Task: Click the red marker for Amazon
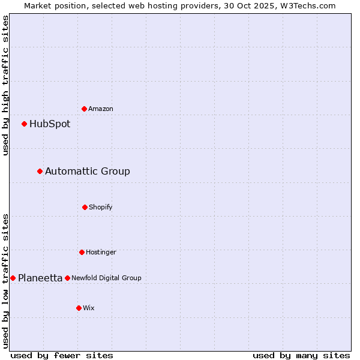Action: pos(84,109)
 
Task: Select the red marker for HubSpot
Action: pos(24,124)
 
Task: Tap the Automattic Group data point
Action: pos(40,171)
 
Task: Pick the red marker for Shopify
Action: pos(85,207)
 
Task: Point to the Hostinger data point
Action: pos(82,252)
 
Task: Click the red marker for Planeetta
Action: pos(13,278)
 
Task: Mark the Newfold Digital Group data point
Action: pos(67,278)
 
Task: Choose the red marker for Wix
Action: pos(79,308)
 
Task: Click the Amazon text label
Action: pos(101,109)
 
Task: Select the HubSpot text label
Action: pos(50,124)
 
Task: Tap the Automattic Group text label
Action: pos(88,172)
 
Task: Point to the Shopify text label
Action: pos(101,207)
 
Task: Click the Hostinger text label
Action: pos(101,252)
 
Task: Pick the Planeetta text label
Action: pos(40,278)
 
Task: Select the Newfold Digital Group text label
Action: pos(106,278)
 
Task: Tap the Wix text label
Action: pos(89,308)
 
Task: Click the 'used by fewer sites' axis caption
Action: pos(62,355)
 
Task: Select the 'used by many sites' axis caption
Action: pos(301,355)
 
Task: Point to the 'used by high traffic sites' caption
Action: pos(5,85)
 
